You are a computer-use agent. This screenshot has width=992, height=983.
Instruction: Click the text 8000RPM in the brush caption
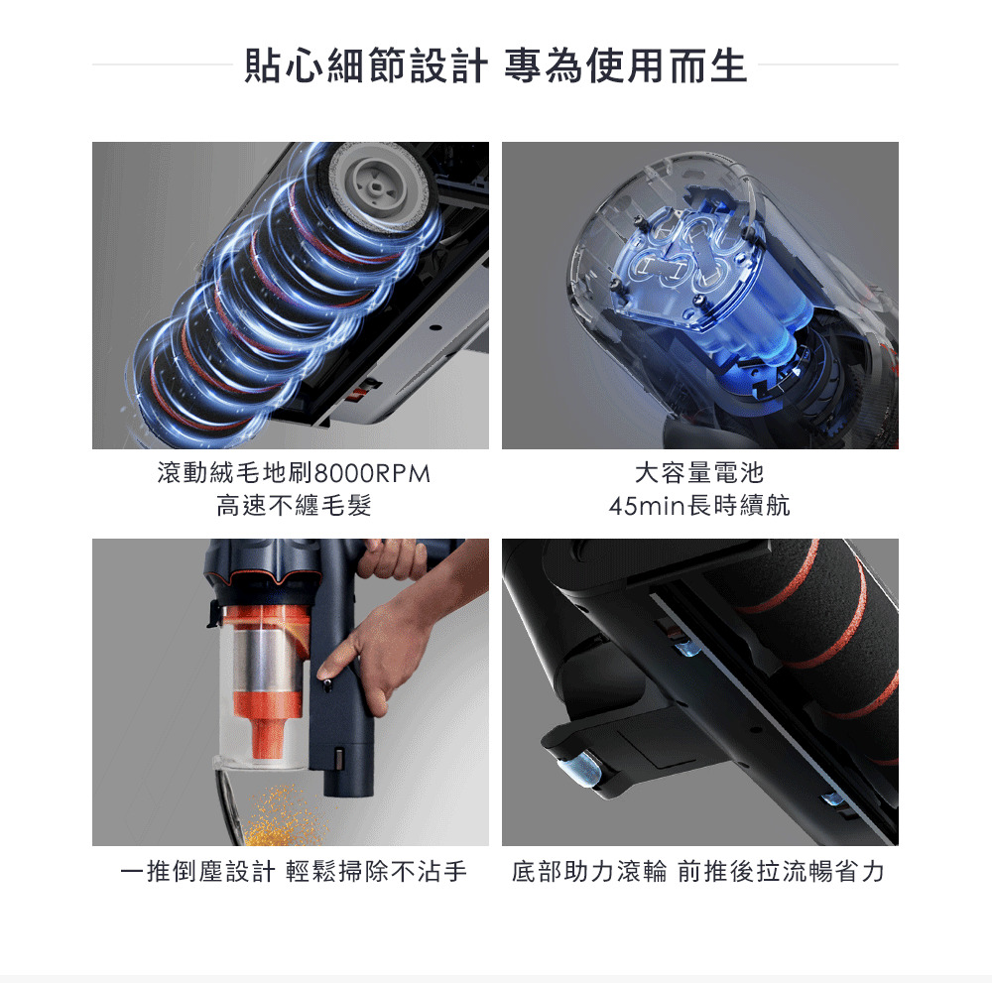(x=372, y=473)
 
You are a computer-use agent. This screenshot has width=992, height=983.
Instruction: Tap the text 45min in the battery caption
(x=647, y=506)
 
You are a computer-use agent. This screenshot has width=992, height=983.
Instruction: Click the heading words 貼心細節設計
(x=366, y=65)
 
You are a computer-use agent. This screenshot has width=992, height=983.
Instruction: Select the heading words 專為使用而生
(x=626, y=65)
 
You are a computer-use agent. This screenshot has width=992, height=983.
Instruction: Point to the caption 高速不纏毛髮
(x=295, y=506)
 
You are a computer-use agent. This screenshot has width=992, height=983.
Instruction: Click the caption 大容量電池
(x=699, y=473)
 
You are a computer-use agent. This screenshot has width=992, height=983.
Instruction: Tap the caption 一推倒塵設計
(x=198, y=871)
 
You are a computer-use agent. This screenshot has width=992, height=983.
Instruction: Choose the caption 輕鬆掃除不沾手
(x=376, y=871)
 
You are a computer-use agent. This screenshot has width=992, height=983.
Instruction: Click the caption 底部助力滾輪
(x=589, y=871)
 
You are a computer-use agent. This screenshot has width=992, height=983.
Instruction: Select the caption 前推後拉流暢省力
(x=781, y=871)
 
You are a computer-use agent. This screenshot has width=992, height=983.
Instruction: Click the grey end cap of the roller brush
(x=382, y=184)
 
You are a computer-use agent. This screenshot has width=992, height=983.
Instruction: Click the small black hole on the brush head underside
(x=435, y=327)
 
